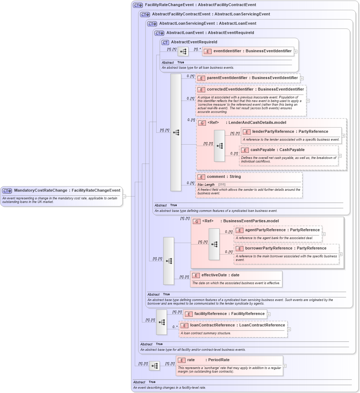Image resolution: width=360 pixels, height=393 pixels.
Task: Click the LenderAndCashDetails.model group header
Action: (247, 123)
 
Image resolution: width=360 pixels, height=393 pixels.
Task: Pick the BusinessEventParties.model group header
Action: (240, 221)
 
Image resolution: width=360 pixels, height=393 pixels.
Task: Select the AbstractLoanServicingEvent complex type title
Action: (202, 24)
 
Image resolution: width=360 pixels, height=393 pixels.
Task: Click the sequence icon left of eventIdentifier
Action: (183, 52)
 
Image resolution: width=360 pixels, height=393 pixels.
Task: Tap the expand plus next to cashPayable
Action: (340, 156)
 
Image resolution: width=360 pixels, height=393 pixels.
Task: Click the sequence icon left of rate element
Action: (154, 366)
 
